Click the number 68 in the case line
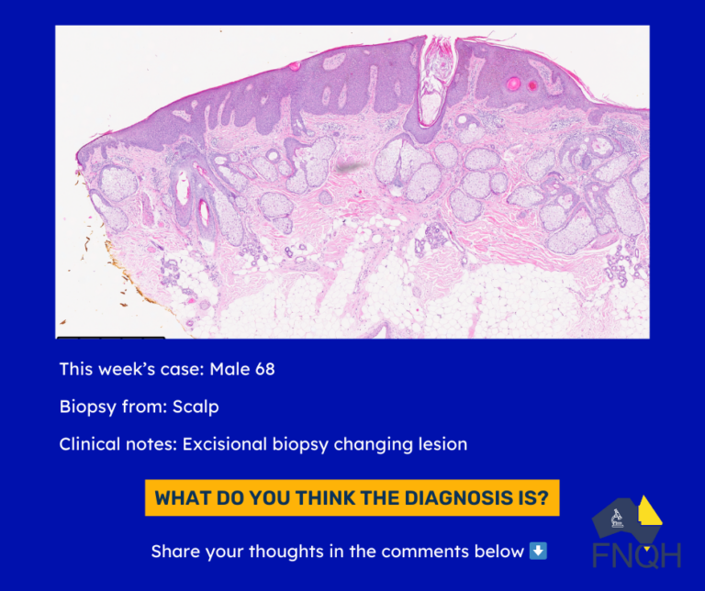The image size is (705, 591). pyautogui.click(x=264, y=369)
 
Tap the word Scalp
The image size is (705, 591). pyautogui.click(x=196, y=407)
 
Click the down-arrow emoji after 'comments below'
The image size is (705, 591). pyautogui.click(x=538, y=551)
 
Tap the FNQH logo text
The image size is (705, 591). pyautogui.click(x=637, y=556)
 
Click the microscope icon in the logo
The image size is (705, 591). pyautogui.click(x=617, y=519)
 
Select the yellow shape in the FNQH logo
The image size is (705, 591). pyautogui.click(x=649, y=511)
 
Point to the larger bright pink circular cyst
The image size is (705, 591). pyautogui.click(x=513, y=84)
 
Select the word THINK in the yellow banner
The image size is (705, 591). pyautogui.click(x=325, y=498)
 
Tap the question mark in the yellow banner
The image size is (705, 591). pyautogui.click(x=543, y=498)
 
